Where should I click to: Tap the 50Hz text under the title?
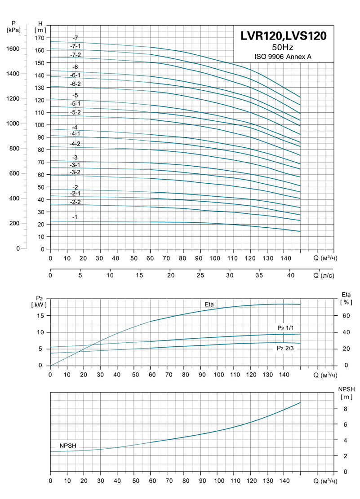pyautogui.click(x=283, y=48)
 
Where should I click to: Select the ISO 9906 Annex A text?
pyautogui.click(x=283, y=57)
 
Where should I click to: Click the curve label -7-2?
pyautogui.click(x=76, y=55)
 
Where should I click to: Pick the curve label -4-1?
pyautogui.click(x=75, y=133)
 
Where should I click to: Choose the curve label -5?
pyautogui.click(x=75, y=95)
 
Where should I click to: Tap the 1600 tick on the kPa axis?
pyautogui.click(x=13, y=49)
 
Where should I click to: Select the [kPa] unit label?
pyautogui.click(x=14, y=30)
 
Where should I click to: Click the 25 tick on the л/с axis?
pyautogui.click(x=200, y=275)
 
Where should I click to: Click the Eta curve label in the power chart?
pyautogui.click(x=209, y=305)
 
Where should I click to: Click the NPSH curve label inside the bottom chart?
pyautogui.click(x=68, y=446)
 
